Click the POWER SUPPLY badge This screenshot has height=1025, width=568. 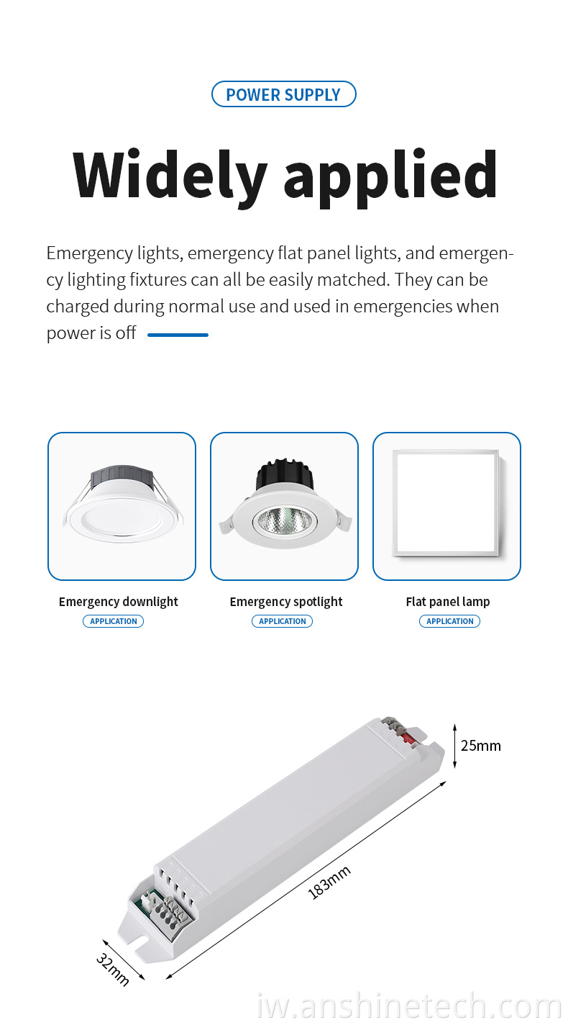pos(283,94)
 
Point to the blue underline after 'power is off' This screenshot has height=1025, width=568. pos(178,335)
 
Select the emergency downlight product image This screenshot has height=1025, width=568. pos(122,503)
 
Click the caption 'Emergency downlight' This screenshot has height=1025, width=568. pos(119,602)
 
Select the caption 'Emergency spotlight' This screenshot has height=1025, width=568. pos(286,602)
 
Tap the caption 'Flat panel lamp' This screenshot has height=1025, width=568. pos(448,601)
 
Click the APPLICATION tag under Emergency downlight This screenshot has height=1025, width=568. pos(114,621)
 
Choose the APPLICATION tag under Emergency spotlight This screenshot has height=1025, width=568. pos(283,621)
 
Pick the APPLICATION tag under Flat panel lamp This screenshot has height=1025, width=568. pos(450,621)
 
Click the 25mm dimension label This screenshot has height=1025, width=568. pos(481,746)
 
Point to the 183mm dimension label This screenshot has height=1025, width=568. pos(329,882)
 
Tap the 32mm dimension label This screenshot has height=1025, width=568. pos(113,970)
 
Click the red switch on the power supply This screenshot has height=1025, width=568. pos(408,738)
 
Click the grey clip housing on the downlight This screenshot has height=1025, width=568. pos(122,476)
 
